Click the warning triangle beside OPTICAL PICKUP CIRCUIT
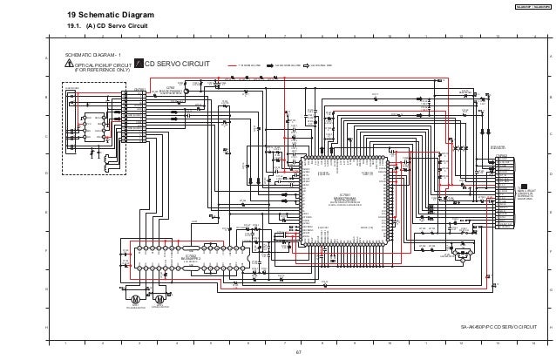coord(70,65)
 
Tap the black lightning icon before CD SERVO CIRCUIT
coord(137,65)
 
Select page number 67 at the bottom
coord(297,353)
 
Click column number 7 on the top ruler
coord(285,36)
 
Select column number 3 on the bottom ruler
coord(139,343)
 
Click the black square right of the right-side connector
coord(524,187)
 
